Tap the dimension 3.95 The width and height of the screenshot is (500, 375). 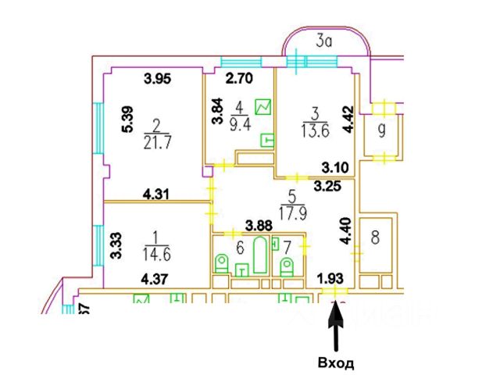158,78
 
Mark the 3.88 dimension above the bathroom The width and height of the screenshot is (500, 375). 259,226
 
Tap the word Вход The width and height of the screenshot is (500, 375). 336,363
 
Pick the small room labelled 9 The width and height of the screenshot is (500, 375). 381,130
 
